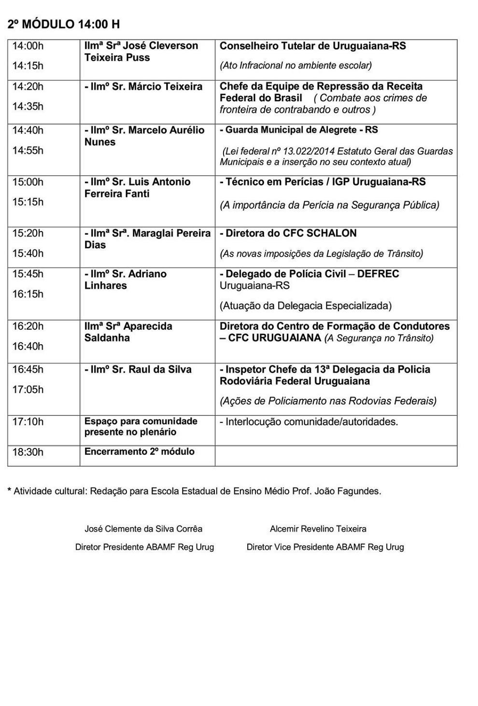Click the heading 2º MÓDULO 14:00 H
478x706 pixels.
64,24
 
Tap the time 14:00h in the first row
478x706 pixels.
28,46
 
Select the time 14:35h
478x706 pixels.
28,107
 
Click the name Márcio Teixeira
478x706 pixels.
165,87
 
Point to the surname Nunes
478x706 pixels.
100,142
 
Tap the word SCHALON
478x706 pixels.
330,233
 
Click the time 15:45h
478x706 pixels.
28,274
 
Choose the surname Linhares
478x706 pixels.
106,285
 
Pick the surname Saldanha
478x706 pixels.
107,338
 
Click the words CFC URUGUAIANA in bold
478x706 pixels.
275,338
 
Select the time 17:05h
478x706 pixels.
28,390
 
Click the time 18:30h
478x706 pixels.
28,452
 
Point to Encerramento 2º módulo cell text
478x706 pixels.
140,452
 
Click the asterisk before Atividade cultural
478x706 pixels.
9,490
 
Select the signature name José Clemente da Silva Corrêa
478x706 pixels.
143,529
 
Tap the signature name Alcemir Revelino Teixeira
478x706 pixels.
318,529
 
